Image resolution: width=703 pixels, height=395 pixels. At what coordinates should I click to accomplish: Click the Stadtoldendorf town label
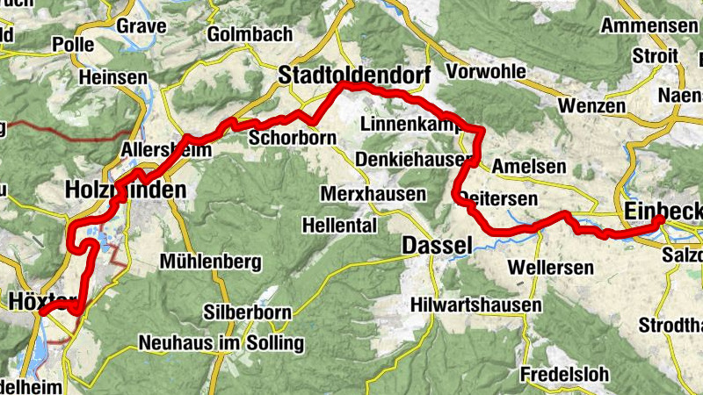(354, 77)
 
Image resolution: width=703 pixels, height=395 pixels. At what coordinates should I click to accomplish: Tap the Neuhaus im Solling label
(221, 342)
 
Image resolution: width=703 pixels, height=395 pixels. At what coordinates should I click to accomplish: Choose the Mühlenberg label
(211, 261)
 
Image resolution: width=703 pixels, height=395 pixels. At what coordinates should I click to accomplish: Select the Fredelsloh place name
(564, 374)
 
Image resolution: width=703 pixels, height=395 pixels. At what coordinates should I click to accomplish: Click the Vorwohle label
(484, 70)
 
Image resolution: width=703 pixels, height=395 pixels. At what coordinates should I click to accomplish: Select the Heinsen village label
(112, 77)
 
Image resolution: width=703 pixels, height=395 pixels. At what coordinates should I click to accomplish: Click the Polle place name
(73, 45)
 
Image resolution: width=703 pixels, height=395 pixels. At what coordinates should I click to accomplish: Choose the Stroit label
(655, 56)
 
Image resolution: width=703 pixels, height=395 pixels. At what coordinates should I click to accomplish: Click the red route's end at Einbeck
(659, 220)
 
